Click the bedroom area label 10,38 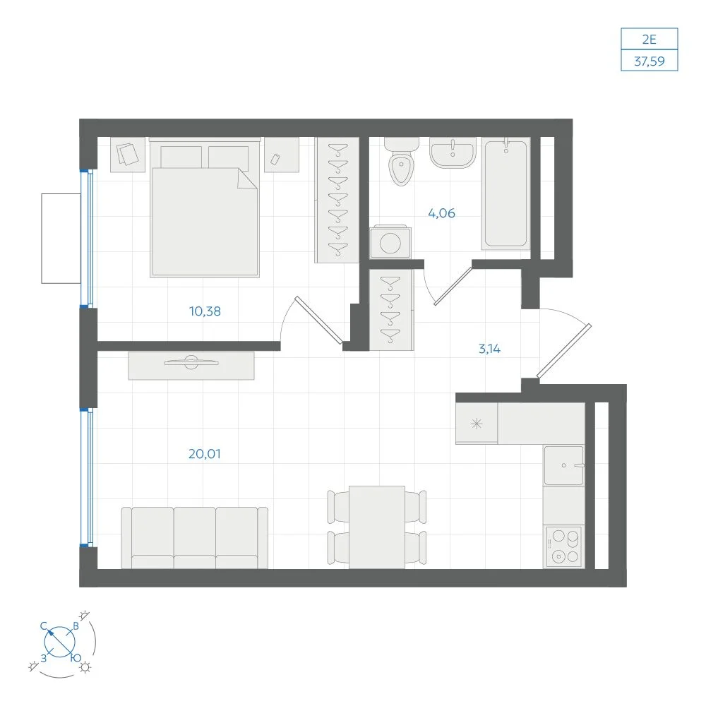[205, 311]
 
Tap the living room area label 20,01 [205, 454]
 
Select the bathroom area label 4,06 [441, 213]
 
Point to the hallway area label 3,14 [489, 349]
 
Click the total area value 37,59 [650, 61]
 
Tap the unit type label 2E [650, 39]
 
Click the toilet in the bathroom [401, 162]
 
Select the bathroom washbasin [453, 152]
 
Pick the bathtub [505, 193]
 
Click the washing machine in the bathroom [390, 242]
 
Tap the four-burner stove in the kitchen [563, 546]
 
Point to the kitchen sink [563, 465]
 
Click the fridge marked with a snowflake [477, 423]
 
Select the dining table [377, 527]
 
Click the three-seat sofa [195, 537]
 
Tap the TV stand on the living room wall [191, 366]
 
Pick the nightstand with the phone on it [282, 155]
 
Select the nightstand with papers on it [128, 155]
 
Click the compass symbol [60, 642]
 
